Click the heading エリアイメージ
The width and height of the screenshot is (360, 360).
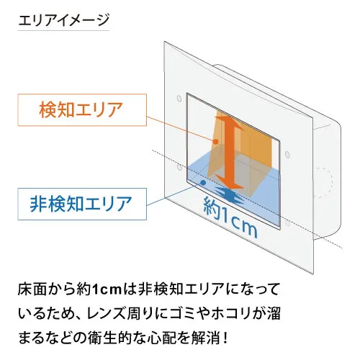click(x=63, y=20)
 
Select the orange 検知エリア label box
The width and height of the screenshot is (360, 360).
click(x=82, y=109)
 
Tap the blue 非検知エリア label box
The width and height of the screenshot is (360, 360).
click(x=82, y=204)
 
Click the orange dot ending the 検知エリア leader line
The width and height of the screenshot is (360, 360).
click(x=216, y=142)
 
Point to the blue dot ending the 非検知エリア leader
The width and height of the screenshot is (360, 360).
click(x=203, y=183)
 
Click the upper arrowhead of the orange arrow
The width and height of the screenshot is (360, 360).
click(x=230, y=123)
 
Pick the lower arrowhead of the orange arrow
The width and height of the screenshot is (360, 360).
click(x=229, y=182)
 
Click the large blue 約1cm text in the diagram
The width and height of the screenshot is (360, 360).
click(x=230, y=217)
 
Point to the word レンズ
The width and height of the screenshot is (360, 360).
click(x=107, y=314)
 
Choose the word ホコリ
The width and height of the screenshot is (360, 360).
click(x=232, y=314)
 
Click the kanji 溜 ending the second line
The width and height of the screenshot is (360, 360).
click(x=274, y=314)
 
